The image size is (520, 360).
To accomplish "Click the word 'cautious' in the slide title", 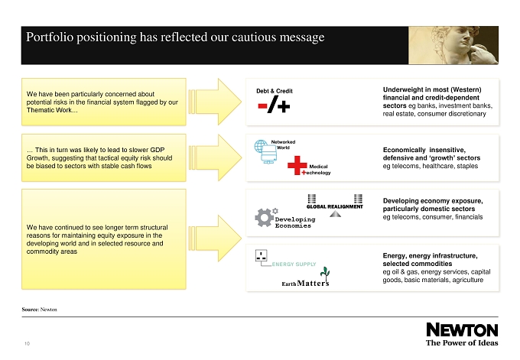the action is (254, 37).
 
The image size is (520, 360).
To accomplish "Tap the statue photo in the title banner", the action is (453, 45).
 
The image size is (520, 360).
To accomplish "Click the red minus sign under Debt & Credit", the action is (262, 106).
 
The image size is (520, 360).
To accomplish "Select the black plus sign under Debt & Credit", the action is (284, 106).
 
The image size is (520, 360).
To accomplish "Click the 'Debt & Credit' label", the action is (275, 91).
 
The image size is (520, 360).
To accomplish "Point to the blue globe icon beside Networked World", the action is (261, 146).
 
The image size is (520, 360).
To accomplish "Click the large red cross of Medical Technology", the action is (297, 165).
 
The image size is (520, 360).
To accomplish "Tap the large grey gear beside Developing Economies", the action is (264, 218).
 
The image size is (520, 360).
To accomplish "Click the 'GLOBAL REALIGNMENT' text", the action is (335, 206).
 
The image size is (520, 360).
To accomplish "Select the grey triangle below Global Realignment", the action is (335, 214).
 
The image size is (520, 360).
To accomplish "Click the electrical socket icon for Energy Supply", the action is (261, 255).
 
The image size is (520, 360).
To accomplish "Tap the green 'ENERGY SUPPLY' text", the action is (294, 264).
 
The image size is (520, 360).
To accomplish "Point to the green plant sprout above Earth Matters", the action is (325, 273).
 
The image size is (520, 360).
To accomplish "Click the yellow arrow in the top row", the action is (215, 102).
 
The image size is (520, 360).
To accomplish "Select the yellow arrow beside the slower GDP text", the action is (215, 157).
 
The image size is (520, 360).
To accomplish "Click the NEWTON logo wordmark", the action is (462, 330).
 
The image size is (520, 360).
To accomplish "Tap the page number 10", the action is (28, 344).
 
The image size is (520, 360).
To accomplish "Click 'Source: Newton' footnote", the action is (40, 310).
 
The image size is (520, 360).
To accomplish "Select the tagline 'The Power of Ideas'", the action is (462, 342).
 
